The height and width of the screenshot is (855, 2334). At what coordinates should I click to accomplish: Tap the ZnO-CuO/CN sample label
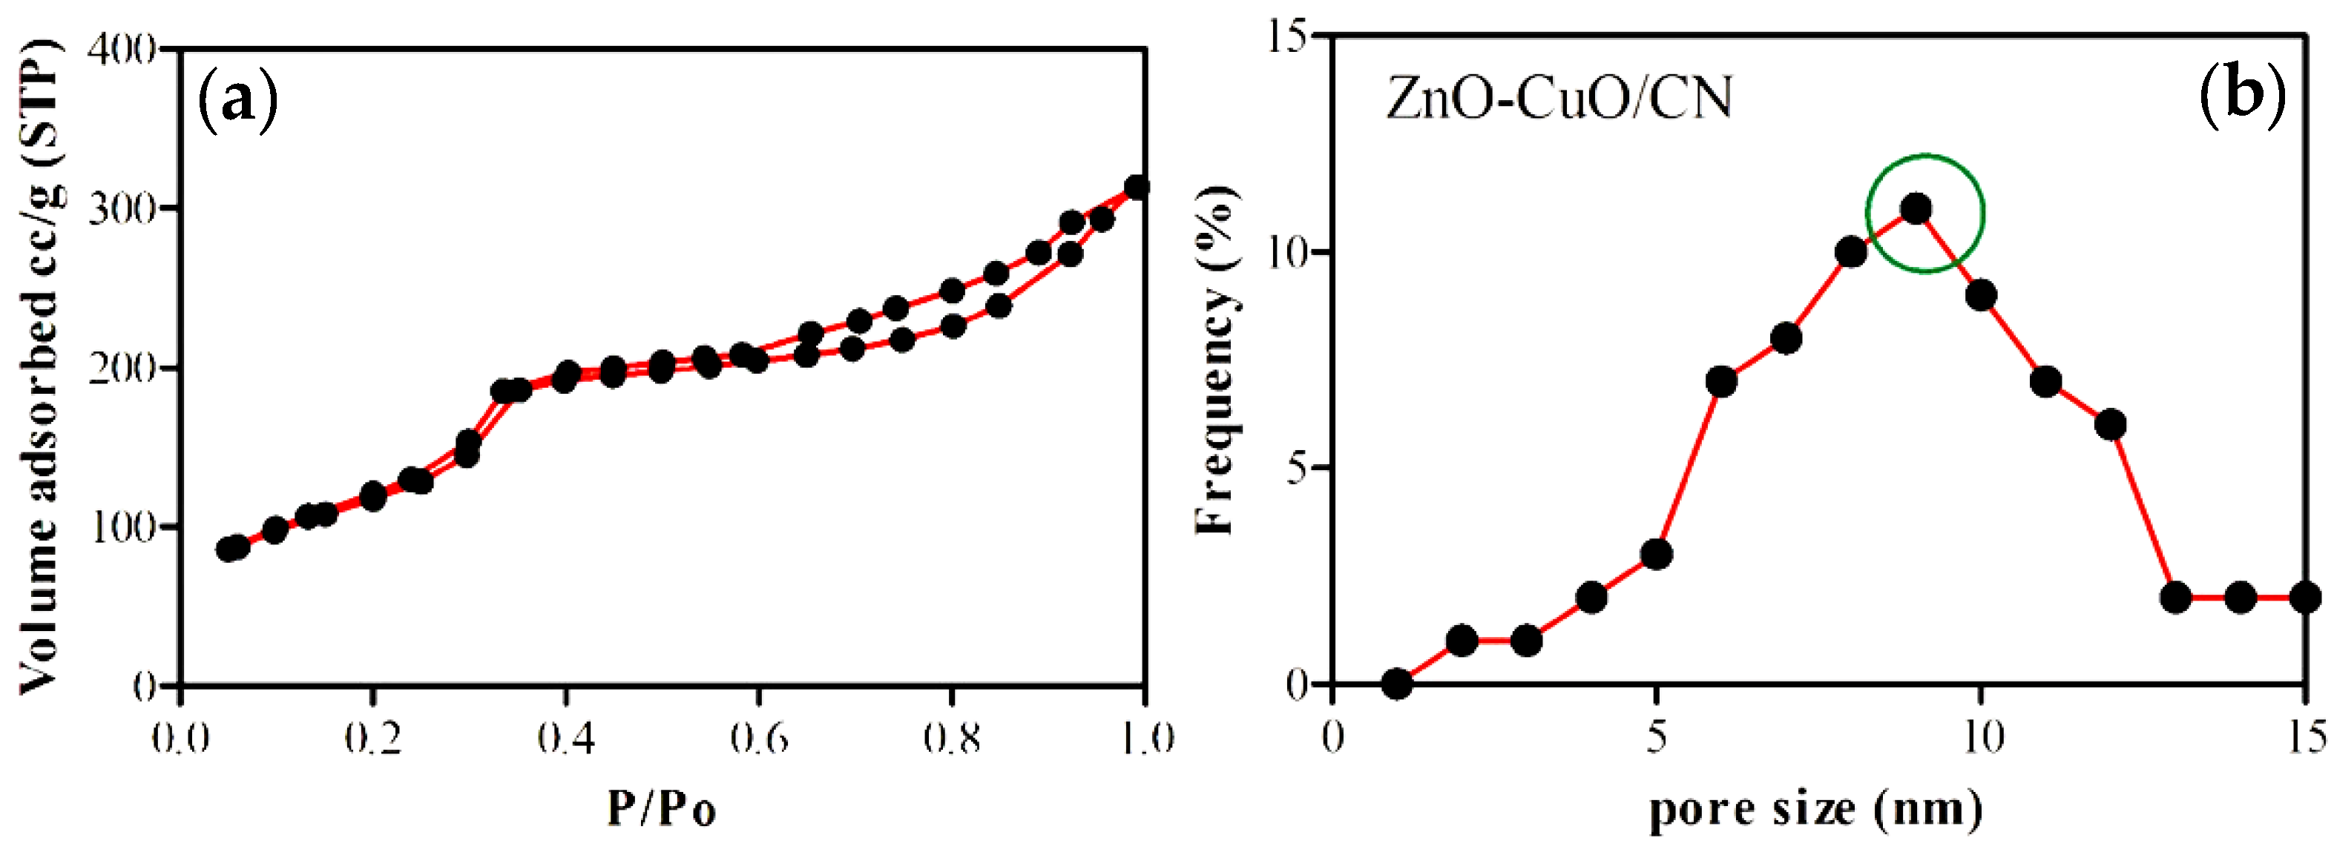pos(1559,99)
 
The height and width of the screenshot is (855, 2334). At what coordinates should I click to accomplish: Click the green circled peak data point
pos(1916,209)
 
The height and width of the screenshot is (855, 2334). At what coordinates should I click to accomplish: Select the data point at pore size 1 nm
pos(1398,684)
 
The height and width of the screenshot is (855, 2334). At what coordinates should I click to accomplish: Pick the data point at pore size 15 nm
pos(2305,598)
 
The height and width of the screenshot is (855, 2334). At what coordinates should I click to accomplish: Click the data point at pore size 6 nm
pos(1721,381)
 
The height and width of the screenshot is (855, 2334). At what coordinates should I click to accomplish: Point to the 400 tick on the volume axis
pos(122,48)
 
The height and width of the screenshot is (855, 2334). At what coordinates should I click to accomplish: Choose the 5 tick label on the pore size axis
pos(1656,737)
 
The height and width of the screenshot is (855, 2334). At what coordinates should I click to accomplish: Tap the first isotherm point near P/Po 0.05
pos(229,549)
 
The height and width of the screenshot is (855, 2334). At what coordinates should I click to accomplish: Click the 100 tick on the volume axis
pos(122,527)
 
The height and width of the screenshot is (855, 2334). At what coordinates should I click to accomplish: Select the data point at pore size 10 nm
pos(1982,295)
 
